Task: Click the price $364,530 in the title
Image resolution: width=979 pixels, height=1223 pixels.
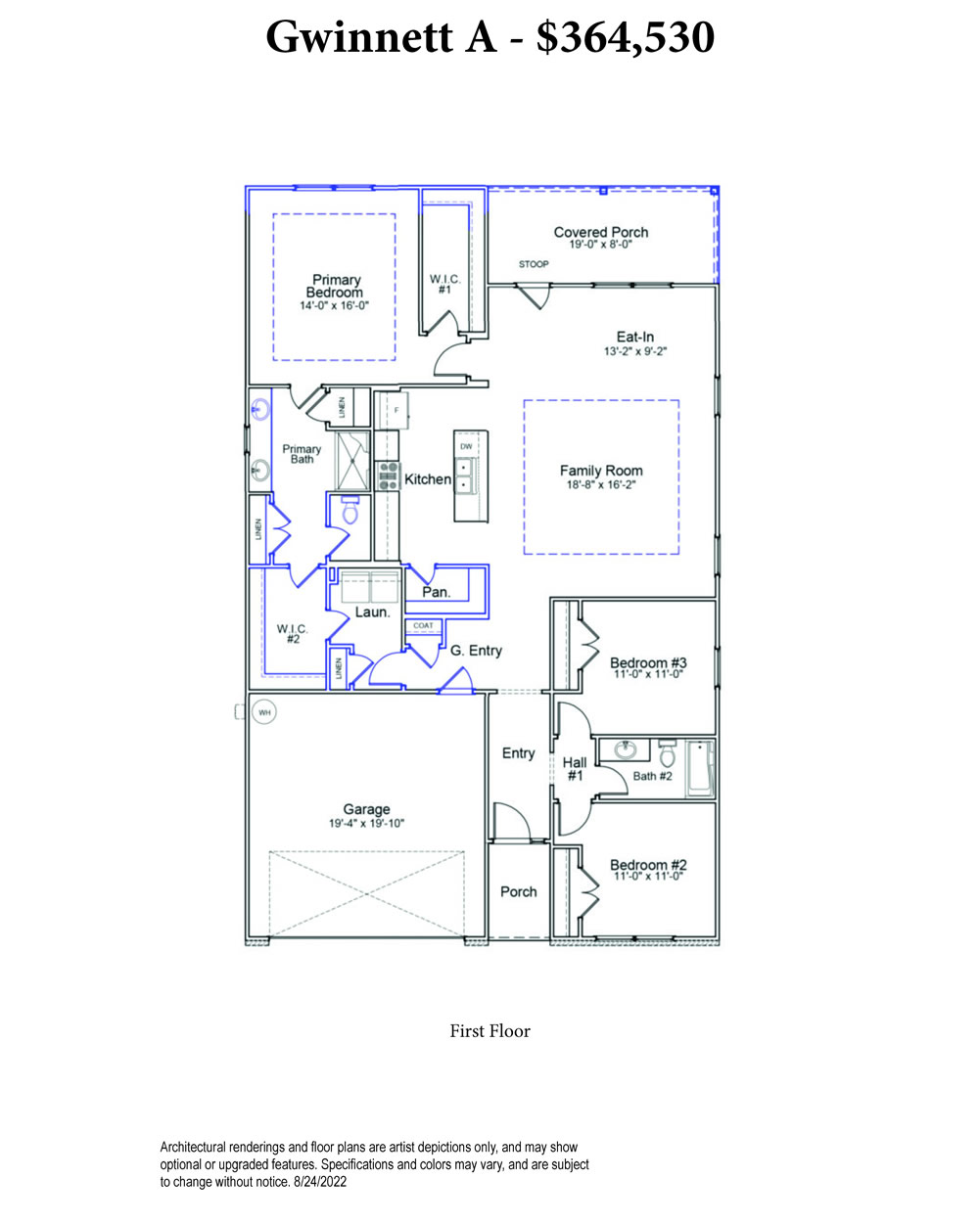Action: pyautogui.click(x=626, y=37)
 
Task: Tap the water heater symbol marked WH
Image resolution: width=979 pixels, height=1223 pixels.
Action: pyautogui.click(x=264, y=712)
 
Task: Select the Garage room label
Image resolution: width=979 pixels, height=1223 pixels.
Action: pyautogui.click(x=366, y=809)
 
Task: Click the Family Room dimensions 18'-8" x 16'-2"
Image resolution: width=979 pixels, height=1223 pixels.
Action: pyautogui.click(x=601, y=484)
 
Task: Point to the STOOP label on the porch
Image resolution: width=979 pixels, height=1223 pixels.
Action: pyautogui.click(x=534, y=264)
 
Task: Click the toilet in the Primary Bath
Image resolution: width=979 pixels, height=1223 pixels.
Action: pyautogui.click(x=350, y=509)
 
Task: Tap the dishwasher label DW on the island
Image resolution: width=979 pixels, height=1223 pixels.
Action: pyautogui.click(x=466, y=447)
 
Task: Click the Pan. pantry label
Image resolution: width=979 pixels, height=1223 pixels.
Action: pyautogui.click(x=437, y=592)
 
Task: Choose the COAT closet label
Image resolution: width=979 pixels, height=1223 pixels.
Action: pyautogui.click(x=423, y=626)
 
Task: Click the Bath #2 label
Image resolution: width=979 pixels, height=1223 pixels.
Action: pyautogui.click(x=652, y=776)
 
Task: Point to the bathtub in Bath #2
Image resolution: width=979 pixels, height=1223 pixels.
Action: pyautogui.click(x=700, y=768)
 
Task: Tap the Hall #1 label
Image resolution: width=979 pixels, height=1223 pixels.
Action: pyautogui.click(x=575, y=769)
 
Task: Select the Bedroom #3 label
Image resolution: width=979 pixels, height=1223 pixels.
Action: pyautogui.click(x=648, y=662)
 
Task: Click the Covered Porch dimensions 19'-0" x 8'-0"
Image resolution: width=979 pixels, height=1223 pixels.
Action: pyautogui.click(x=601, y=245)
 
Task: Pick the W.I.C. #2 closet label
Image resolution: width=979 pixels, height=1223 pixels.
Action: pyautogui.click(x=293, y=634)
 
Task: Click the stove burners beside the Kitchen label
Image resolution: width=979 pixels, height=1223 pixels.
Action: pyautogui.click(x=389, y=476)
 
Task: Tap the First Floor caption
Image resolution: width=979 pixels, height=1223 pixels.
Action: pyautogui.click(x=489, y=1031)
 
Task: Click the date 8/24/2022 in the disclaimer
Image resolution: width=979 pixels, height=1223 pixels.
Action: pyautogui.click(x=320, y=1182)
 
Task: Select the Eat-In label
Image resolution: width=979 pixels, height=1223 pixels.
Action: pyautogui.click(x=634, y=337)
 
